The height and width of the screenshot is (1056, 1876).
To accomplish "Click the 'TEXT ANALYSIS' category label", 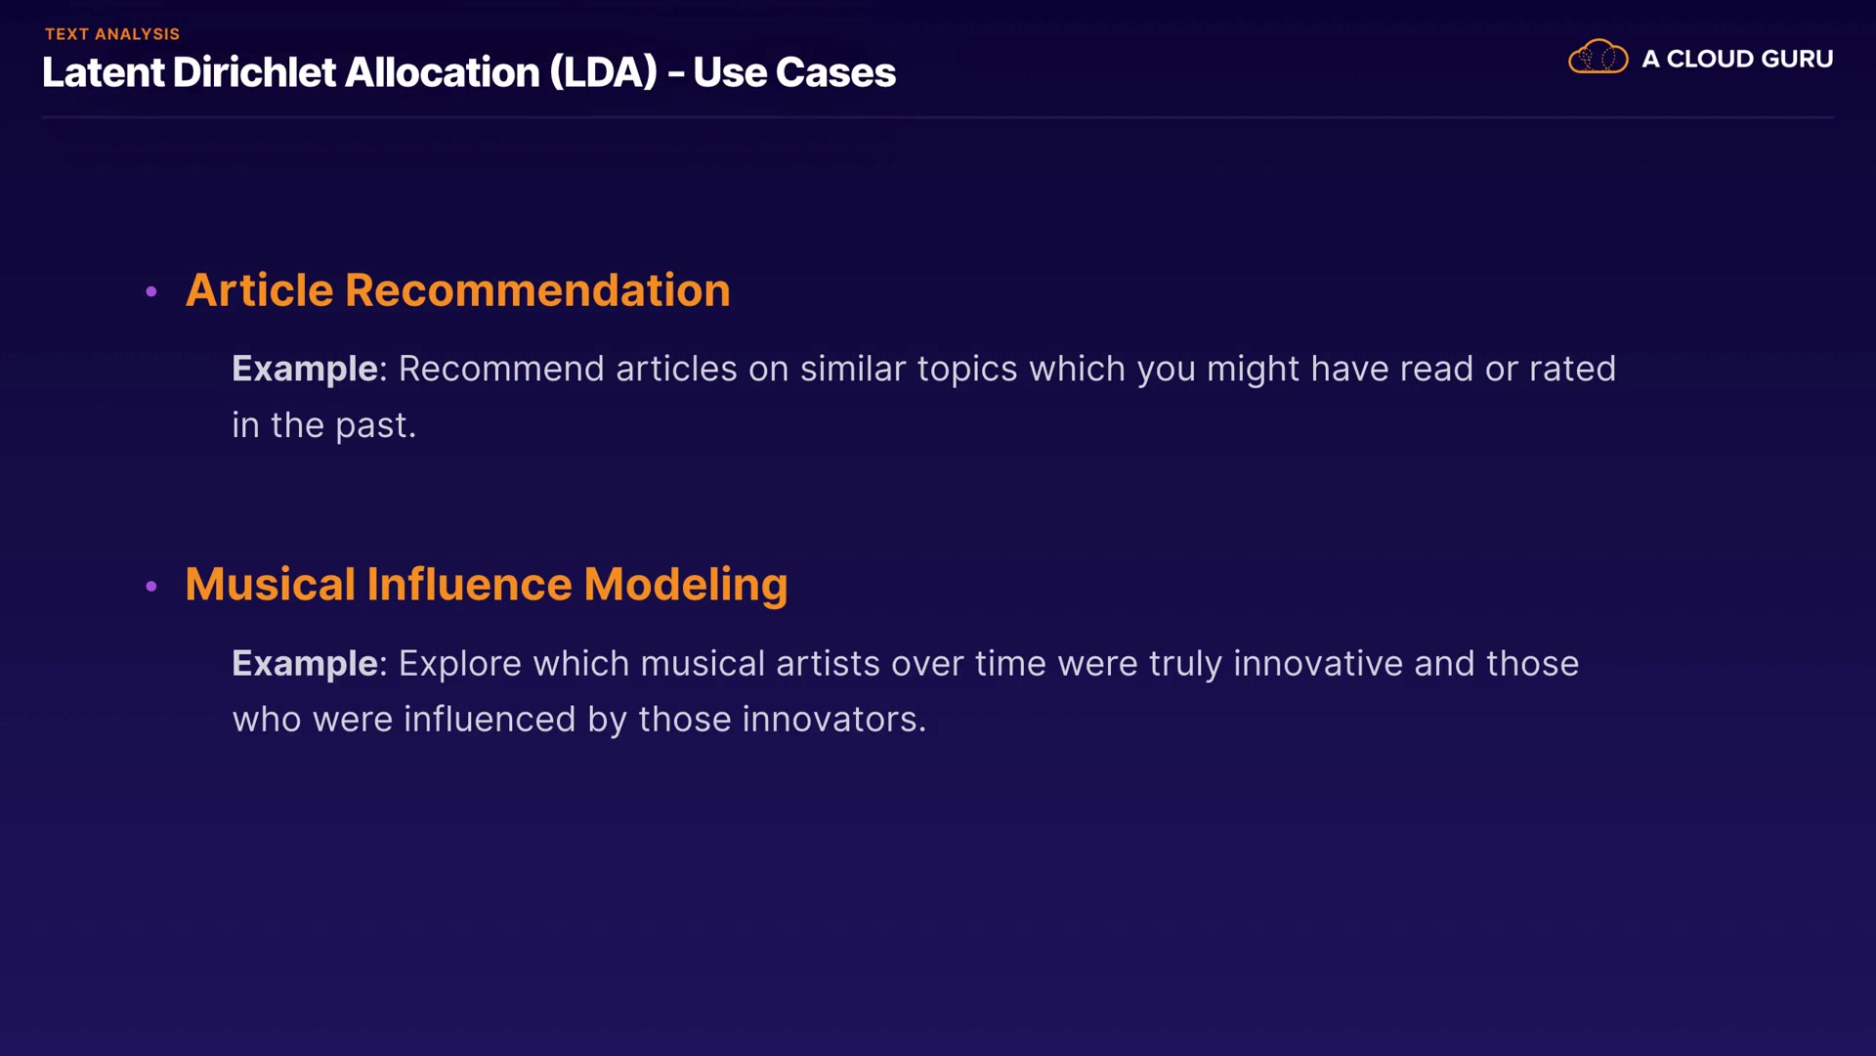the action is point(112,34).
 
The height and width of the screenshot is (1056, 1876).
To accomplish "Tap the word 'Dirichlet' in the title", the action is point(254,72).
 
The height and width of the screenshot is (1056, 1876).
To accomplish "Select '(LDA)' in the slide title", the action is point(603,72).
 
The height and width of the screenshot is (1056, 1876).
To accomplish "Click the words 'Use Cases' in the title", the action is point(794,72).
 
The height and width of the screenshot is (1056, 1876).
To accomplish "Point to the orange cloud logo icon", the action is point(1598,57).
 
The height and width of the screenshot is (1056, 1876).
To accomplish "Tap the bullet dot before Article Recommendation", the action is point(151,291).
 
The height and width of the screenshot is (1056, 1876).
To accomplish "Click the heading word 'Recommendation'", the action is point(537,290).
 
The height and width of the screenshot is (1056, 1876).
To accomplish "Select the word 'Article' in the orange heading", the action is point(259,290).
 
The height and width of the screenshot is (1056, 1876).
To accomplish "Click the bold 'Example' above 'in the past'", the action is point(305,370).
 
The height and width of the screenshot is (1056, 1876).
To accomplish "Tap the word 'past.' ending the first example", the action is point(376,426).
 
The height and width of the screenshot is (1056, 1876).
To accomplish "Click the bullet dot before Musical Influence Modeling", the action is point(151,586).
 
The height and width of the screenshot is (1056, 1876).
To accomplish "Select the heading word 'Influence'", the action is point(469,584).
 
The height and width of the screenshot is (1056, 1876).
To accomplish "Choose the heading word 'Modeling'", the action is point(686,586).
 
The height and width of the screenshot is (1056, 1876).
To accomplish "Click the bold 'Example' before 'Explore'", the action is point(305,664).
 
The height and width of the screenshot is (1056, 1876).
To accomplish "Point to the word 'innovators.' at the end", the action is point(833,720).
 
